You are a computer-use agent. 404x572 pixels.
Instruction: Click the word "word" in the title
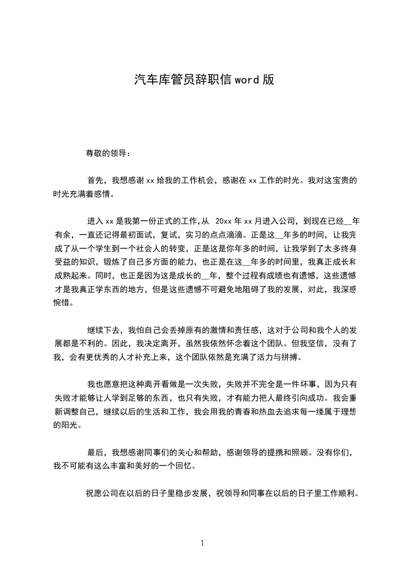tap(247, 80)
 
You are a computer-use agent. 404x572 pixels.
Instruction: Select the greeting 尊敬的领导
tap(104, 153)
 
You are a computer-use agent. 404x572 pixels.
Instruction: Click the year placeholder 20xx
tap(225, 221)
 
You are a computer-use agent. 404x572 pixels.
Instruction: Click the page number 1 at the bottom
tap(202, 543)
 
